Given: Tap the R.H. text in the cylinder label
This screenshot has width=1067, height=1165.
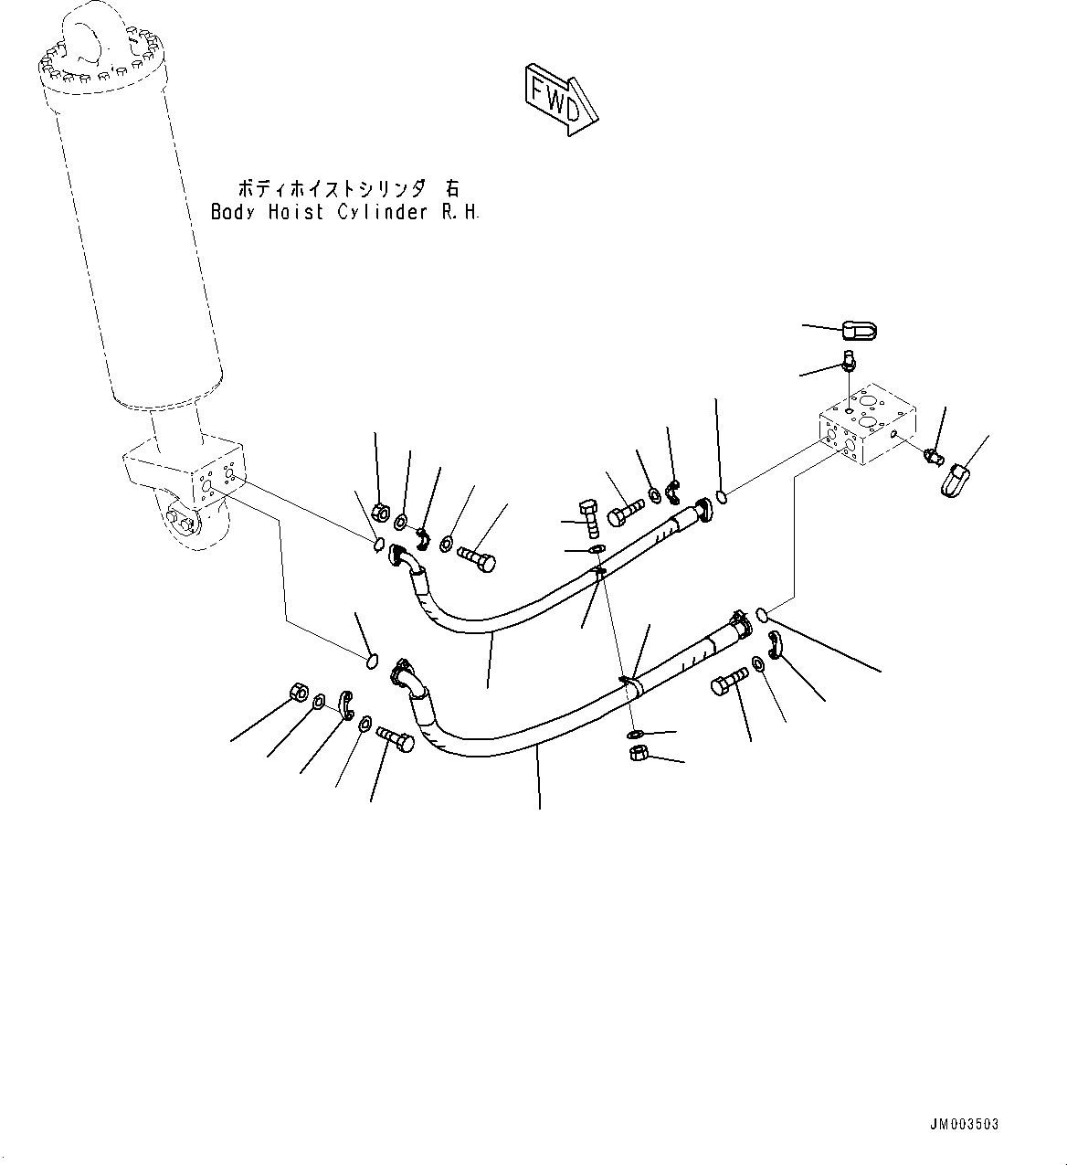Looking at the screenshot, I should click(x=460, y=212).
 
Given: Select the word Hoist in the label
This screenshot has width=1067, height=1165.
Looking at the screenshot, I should click(x=291, y=212).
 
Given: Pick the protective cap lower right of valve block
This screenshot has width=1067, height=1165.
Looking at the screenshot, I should click(x=953, y=480).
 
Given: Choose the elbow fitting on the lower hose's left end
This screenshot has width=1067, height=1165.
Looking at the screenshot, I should click(x=408, y=677).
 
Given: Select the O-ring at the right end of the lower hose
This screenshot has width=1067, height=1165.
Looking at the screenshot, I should click(x=763, y=617).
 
